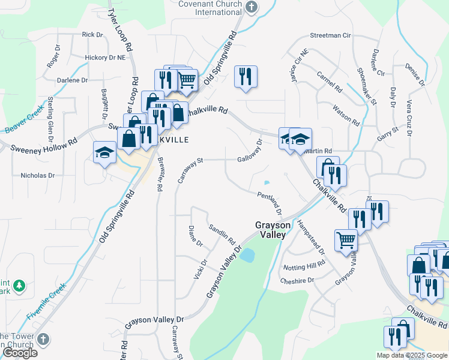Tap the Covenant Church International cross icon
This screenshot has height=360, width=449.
pyautogui.click(x=252, y=7)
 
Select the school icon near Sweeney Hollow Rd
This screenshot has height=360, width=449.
pyautogui.click(x=104, y=152)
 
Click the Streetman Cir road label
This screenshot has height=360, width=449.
pyautogui.click(x=330, y=35)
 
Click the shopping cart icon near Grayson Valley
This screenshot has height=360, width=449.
pyautogui.click(x=346, y=240)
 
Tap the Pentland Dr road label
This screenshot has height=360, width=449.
pyautogui.click(x=270, y=203)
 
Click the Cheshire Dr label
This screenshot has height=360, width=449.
pyautogui.click(x=297, y=280)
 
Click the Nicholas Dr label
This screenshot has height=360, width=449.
pyautogui.click(x=38, y=176)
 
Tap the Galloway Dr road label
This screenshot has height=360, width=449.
pyautogui.click(x=250, y=150)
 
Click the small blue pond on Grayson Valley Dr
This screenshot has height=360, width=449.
pyautogui.click(x=247, y=255)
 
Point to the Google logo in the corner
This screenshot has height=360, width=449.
pyautogui.click(x=19, y=353)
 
